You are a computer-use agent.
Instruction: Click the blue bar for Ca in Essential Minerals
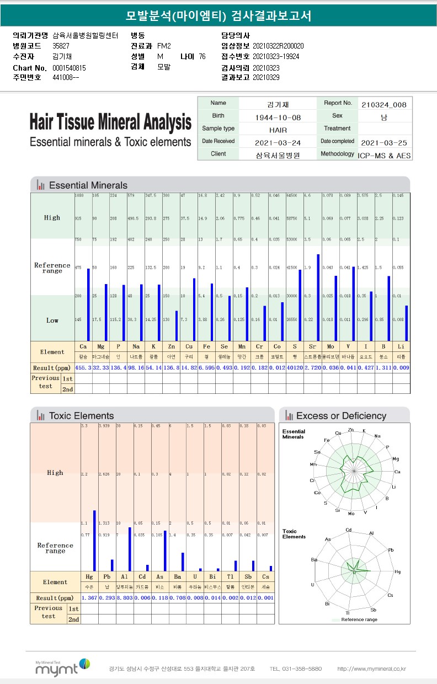88,304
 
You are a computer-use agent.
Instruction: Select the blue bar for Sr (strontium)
318,298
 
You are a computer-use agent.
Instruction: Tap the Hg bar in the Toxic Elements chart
94,541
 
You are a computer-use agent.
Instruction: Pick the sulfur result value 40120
295,368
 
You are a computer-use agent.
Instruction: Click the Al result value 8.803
125,598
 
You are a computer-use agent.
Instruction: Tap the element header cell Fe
206,346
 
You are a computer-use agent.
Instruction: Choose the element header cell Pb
107,576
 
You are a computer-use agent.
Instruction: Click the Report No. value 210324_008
384,104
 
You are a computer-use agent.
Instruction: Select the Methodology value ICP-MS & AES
384,156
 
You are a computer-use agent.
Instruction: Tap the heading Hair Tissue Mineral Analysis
110,122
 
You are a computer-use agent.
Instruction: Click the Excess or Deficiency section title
341,416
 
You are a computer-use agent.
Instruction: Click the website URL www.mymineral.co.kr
371,669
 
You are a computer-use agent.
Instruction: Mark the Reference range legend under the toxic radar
359,619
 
